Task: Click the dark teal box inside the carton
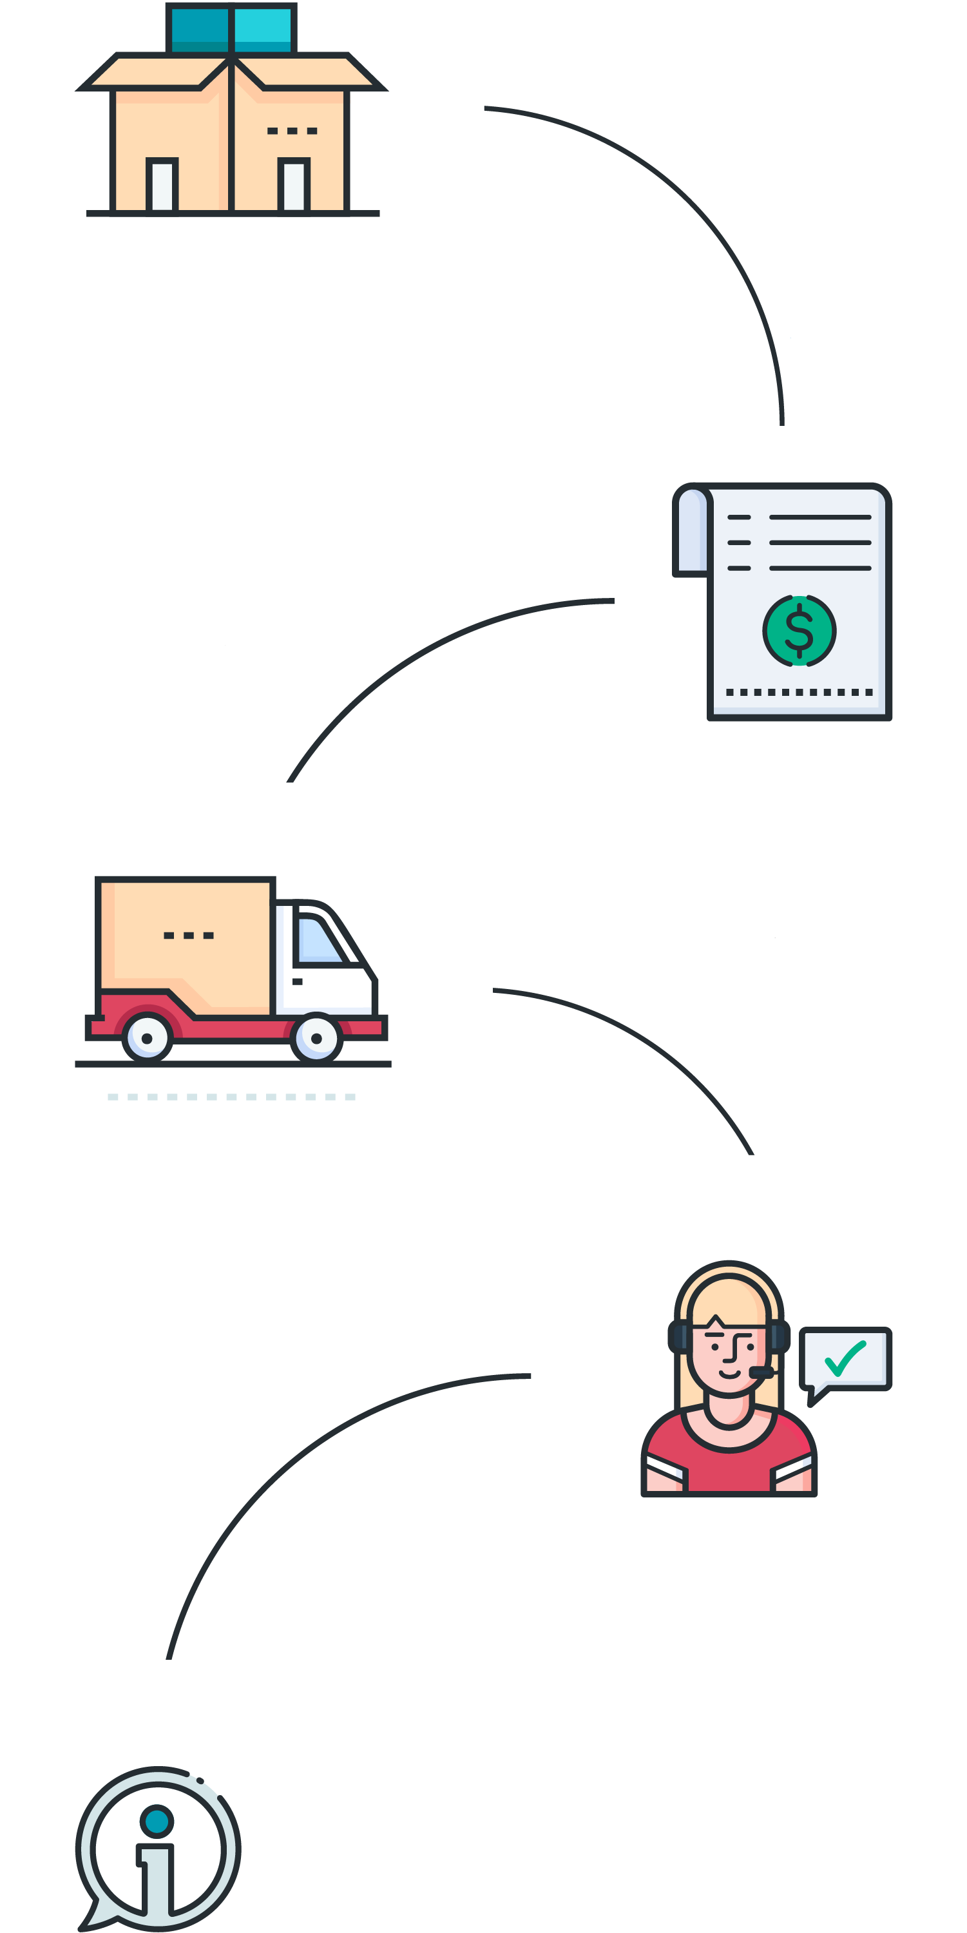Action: pyautogui.click(x=200, y=28)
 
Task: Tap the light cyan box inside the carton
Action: pyautogui.click(x=263, y=28)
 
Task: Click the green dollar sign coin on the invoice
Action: pyautogui.click(x=799, y=630)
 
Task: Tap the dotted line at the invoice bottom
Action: pyautogui.click(x=799, y=692)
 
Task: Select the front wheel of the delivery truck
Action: pyautogui.click(x=316, y=1039)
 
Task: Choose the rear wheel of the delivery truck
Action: pyautogui.click(x=147, y=1039)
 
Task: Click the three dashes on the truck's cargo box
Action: pyautogui.click(x=188, y=935)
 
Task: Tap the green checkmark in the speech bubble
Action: pyautogui.click(x=845, y=1358)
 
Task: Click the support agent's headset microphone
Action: pyautogui.click(x=760, y=1372)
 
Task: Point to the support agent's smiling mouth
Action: pyautogui.click(x=729, y=1374)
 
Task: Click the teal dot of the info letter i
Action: pyautogui.click(x=157, y=1821)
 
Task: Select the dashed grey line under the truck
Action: pyautogui.click(x=231, y=1097)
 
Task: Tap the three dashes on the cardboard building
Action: pyautogui.click(x=292, y=131)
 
